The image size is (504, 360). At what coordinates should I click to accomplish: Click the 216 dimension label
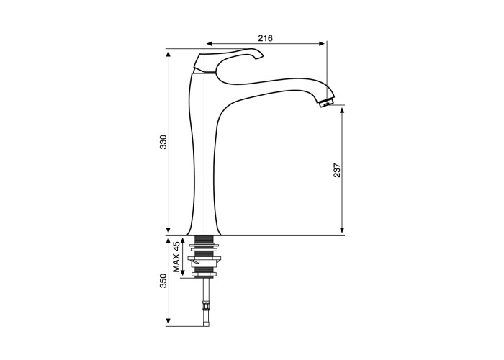[x=265, y=38]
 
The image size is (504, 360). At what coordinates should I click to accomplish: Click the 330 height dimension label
[x=163, y=142]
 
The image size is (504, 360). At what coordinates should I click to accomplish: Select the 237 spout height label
[x=337, y=170]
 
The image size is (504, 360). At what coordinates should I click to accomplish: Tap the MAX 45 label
[x=176, y=257]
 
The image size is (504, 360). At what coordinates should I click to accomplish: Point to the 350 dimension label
[x=163, y=281]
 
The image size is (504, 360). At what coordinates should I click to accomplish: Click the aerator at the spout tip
[x=326, y=103]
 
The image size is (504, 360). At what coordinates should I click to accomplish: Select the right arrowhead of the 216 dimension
[x=322, y=44]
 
